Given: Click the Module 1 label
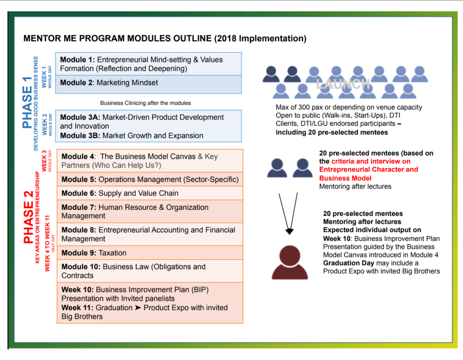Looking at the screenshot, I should (x=77, y=60).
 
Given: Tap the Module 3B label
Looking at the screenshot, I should (x=80, y=136).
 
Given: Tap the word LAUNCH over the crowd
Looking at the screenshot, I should (x=344, y=84).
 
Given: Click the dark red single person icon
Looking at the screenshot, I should (x=290, y=262).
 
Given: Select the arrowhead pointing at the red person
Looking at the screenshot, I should (x=289, y=231).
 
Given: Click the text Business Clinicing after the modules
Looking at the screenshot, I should (x=146, y=103).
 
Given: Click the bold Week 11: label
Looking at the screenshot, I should (x=77, y=308).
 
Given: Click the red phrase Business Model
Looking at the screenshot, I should (x=345, y=178).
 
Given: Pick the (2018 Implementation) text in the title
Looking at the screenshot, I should (x=260, y=38).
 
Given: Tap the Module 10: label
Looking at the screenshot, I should (x=81, y=267).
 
